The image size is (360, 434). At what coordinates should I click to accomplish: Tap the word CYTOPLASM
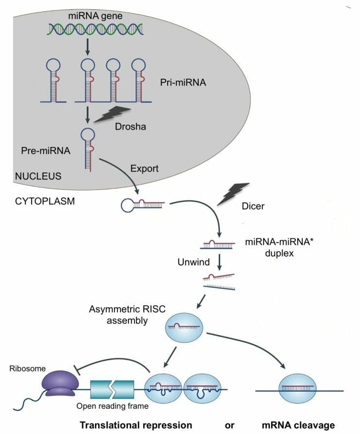pyautogui.click(x=42, y=200)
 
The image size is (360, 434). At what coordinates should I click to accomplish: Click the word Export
pyautogui.click(x=145, y=168)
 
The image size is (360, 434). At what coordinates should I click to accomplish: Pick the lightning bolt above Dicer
pyautogui.click(x=232, y=193)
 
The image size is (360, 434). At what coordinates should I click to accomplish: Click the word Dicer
pyautogui.click(x=253, y=206)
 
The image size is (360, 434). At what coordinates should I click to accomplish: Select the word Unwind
pyautogui.click(x=193, y=262)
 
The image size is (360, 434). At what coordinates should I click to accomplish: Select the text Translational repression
pyautogui.click(x=136, y=425)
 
